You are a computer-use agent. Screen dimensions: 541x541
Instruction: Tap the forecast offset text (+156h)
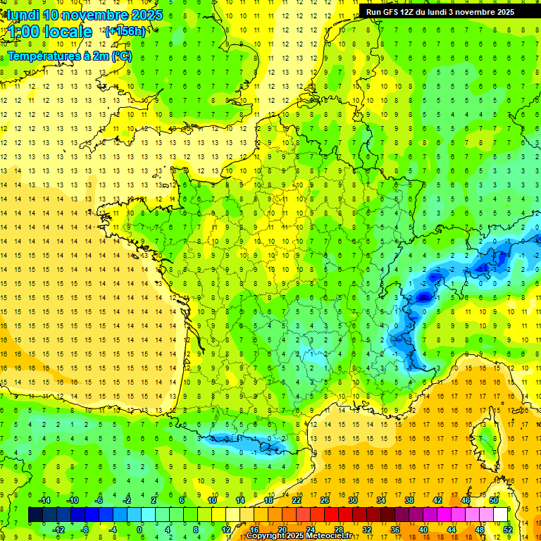125,31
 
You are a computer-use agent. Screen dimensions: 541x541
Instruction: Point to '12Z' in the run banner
415,12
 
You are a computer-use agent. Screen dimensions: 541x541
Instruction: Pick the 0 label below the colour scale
140,530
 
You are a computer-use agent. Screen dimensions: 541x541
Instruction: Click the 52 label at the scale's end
508,530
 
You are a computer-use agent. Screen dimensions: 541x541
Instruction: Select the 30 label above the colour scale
352,500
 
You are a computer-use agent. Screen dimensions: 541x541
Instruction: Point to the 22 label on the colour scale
297,500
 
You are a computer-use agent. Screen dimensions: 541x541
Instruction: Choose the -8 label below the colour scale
85,530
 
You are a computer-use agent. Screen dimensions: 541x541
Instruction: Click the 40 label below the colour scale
423,530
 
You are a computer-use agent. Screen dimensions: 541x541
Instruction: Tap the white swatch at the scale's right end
501,515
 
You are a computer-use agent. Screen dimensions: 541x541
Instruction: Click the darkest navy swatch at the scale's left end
36,515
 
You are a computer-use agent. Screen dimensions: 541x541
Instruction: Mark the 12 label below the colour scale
226,530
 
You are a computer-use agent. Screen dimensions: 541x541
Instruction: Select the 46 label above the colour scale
465,500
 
